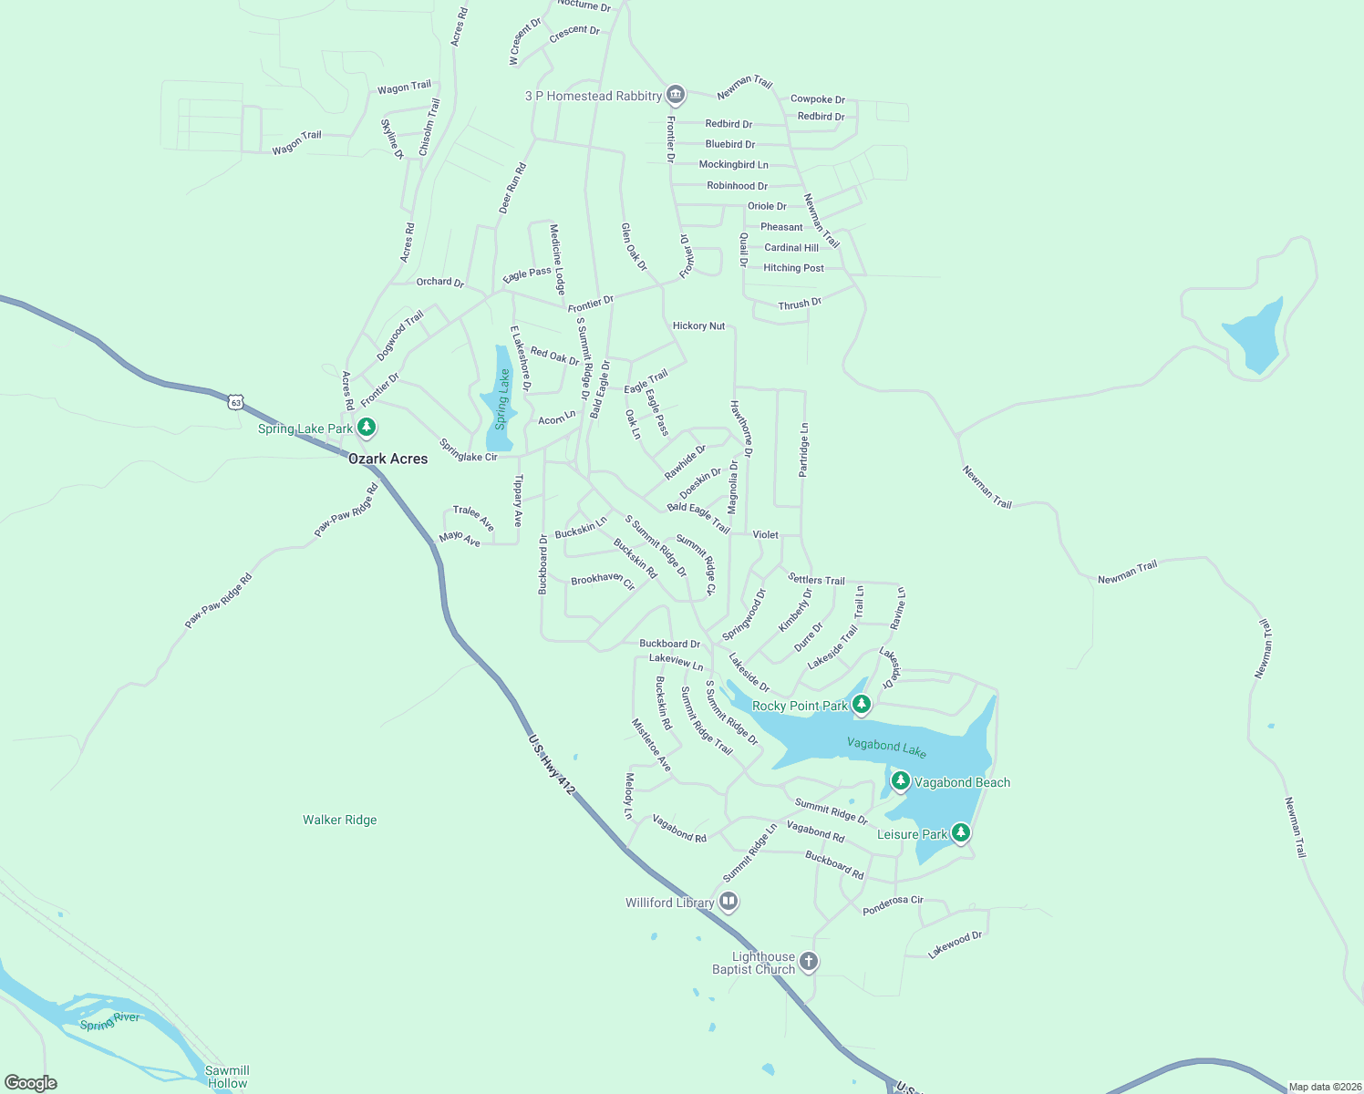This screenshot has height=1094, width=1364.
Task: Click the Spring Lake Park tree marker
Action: (367, 427)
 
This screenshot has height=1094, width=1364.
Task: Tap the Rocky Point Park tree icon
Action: (862, 705)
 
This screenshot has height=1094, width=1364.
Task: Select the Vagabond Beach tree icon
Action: (900, 781)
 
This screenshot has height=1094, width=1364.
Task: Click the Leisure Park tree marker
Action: (960, 832)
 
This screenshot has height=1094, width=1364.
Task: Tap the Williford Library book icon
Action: (728, 902)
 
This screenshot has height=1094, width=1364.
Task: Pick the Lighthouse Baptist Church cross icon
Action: (808, 961)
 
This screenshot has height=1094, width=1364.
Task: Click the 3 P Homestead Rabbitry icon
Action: (676, 94)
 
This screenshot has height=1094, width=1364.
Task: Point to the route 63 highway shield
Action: (237, 401)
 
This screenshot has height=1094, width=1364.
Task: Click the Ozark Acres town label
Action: (387, 459)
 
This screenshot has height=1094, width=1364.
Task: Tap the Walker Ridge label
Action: (339, 820)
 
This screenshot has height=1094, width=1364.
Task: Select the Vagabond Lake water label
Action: (886, 748)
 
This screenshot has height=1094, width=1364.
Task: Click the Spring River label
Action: (109, 1020)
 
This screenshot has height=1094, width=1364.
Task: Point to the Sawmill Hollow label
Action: (227, 1077)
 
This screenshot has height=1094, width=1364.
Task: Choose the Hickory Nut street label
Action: (698, 325)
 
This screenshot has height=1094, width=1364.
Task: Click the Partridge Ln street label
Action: (803, 449)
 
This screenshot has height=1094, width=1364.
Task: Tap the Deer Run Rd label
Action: (512, 189)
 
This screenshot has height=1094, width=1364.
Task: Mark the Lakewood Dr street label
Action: (955, 944)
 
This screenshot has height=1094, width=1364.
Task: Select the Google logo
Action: (31, 1083)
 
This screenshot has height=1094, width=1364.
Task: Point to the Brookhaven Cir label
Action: (603, 580)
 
